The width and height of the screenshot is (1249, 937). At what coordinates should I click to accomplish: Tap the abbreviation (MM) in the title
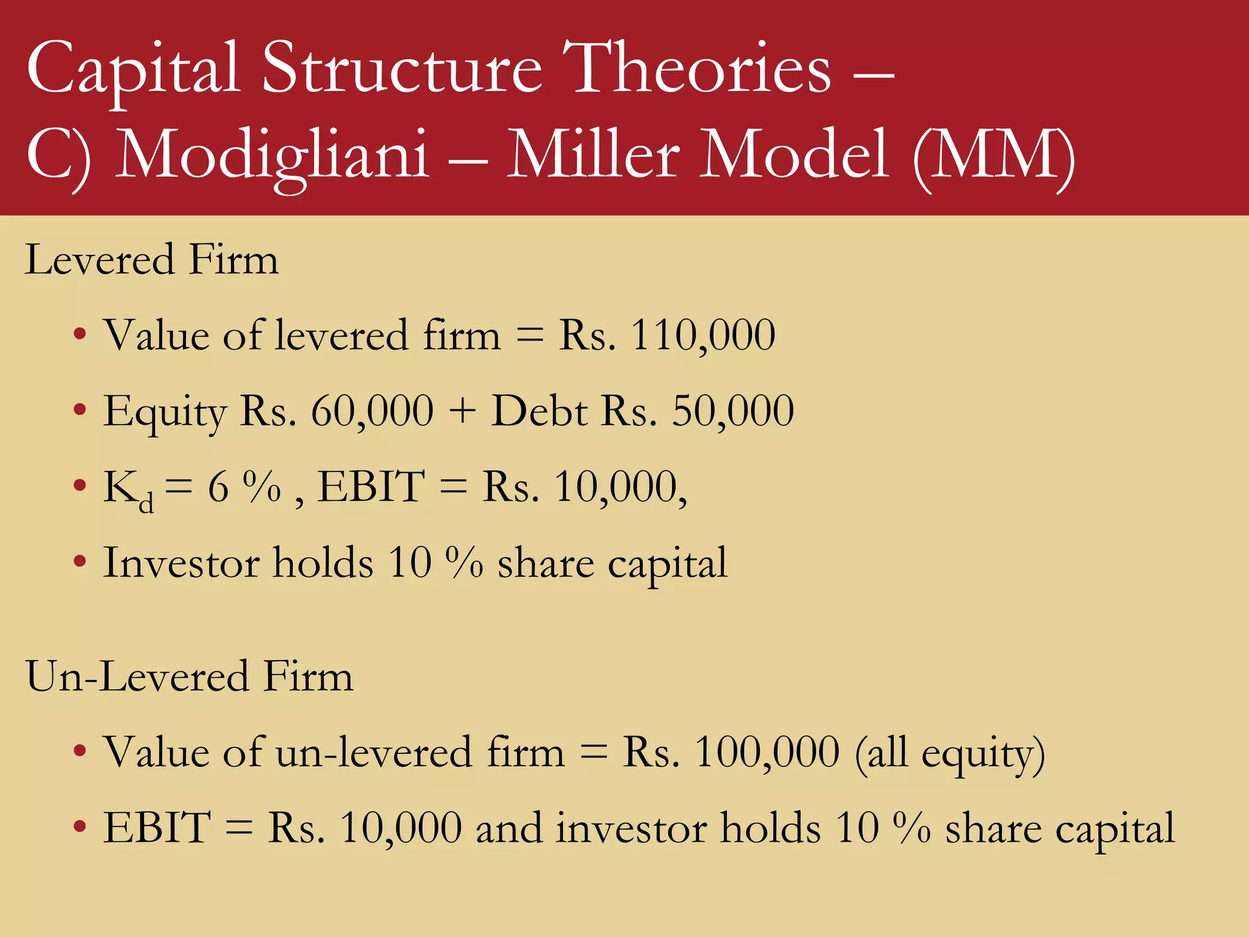[x=993, y=155]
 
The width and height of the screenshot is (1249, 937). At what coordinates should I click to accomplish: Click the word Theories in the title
[x=696, y=68]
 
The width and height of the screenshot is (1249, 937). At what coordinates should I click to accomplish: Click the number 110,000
[x=703, y=336]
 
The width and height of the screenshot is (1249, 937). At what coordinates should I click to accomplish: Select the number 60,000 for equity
[x=372, y=411]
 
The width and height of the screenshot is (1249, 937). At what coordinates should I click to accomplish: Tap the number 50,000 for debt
[x=732, y=411]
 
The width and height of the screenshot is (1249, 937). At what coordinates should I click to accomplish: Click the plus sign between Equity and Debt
[x=462, y=411]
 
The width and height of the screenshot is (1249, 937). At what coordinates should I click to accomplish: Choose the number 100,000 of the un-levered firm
[x=767, y=752]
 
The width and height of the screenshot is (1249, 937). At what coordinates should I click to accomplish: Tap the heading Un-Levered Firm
[x=189, y=677]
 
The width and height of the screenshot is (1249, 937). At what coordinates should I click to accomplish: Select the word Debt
[x=539, y=411]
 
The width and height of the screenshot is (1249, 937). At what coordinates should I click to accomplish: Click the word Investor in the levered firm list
[x=181, y=562]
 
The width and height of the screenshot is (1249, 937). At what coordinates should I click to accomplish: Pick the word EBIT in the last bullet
[x=157, y=828]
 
